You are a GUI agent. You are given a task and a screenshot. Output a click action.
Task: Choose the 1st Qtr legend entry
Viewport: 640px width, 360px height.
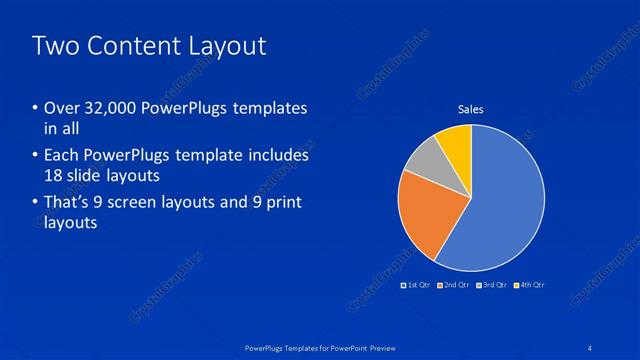coord(416,286)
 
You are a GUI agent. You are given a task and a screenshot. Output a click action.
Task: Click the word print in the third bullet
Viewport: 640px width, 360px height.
coord(285,203)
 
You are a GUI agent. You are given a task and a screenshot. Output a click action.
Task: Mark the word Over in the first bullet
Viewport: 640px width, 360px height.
coord(59,108)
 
